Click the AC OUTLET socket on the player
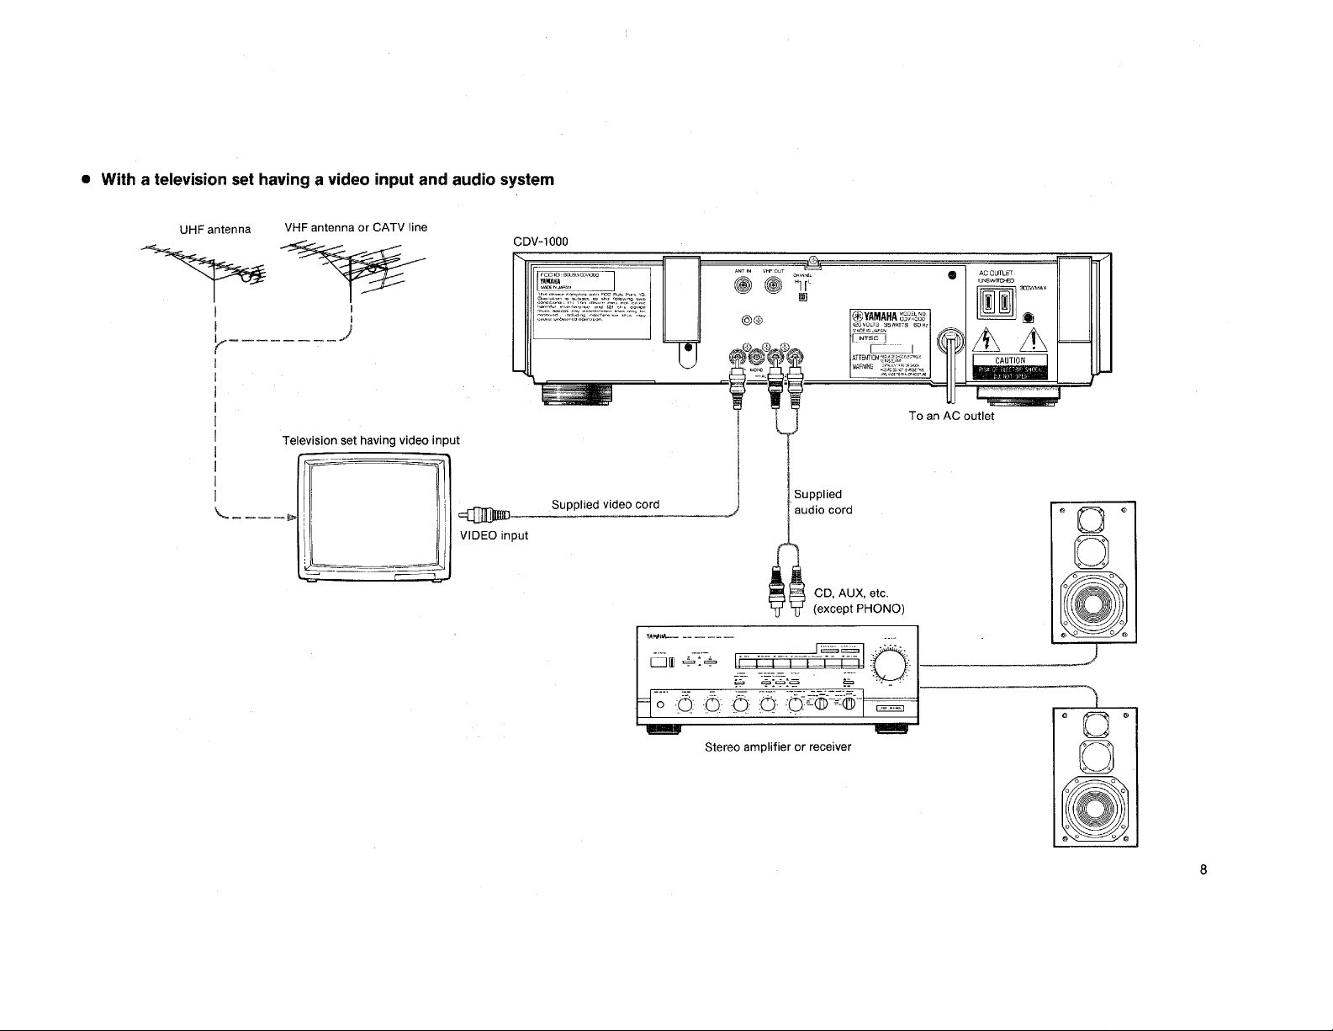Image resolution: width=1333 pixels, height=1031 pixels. pyautogui.click(x=997, y=301)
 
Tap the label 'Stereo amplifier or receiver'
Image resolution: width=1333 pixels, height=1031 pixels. pyautogui.click(x=778, y=747)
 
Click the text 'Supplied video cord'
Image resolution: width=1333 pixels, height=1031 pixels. pyautogui.click(x=606, y=505)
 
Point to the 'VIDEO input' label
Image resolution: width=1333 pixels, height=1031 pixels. pyautogui.click(x=495, y=536)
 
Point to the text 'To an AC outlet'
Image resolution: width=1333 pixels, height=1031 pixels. pyautogui.click(x=951, y=417)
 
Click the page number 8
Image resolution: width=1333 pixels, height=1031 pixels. pyautogui.click(x=1203, y=870)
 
